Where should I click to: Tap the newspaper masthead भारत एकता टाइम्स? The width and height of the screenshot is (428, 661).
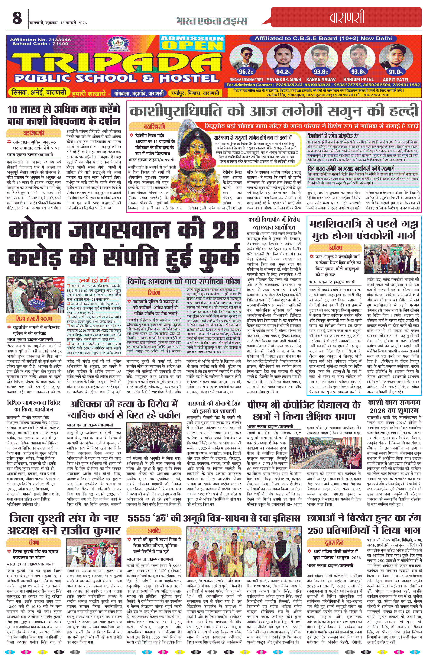(211, 21)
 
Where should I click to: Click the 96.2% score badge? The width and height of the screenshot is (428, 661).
(246, 72)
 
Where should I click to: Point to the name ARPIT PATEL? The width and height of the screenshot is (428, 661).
(396, 80)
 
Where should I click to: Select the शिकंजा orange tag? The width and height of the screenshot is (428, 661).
(154, 293)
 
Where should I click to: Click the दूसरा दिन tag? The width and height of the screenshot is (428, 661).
(334, 542)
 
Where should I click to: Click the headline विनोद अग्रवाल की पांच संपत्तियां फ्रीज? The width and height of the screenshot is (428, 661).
(184, 282)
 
